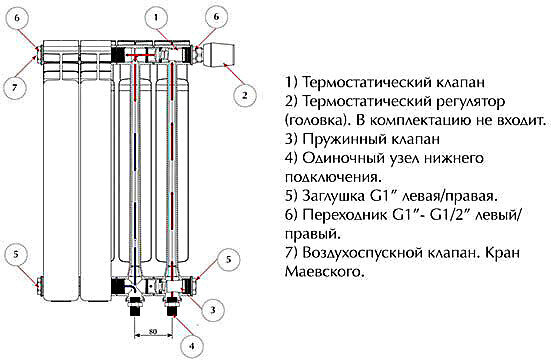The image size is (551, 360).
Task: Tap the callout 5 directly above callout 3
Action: pos(228,258)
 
